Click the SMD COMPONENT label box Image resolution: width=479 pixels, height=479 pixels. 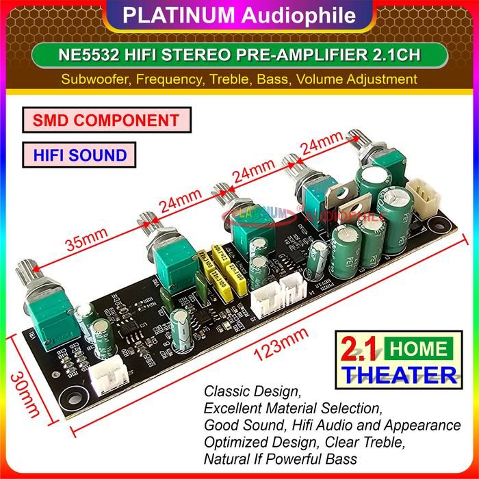pos(105,120)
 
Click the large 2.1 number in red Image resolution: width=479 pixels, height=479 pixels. pos(359,350)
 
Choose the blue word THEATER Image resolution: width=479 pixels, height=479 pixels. pos(401,374)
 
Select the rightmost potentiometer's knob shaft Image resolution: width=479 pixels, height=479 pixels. pos(357,146)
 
